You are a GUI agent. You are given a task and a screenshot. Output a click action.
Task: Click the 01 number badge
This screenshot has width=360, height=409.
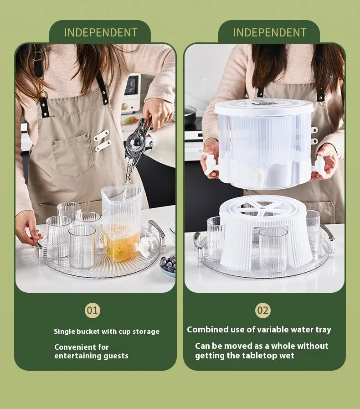tap(93, 311)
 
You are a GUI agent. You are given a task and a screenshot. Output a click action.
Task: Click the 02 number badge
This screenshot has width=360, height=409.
tap(263, 311)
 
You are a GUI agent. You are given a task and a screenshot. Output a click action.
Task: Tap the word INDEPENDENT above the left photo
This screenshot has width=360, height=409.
tap(101, 33)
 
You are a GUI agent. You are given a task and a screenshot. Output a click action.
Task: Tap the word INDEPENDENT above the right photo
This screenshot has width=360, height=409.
tap(269, 33)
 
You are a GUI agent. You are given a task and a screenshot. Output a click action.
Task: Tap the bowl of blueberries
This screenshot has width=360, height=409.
tap(168, 265)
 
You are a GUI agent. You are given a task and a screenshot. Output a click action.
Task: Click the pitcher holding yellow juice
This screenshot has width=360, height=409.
tap(122, 223)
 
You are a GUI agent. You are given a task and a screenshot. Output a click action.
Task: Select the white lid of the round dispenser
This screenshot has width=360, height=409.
tap(263, 108)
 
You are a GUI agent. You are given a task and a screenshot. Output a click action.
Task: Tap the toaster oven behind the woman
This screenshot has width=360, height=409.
tap(131, 94)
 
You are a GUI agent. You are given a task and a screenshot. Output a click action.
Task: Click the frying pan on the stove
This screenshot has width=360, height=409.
tap(190, 115)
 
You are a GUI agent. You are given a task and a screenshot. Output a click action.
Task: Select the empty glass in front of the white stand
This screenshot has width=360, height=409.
tap(273, 249)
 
